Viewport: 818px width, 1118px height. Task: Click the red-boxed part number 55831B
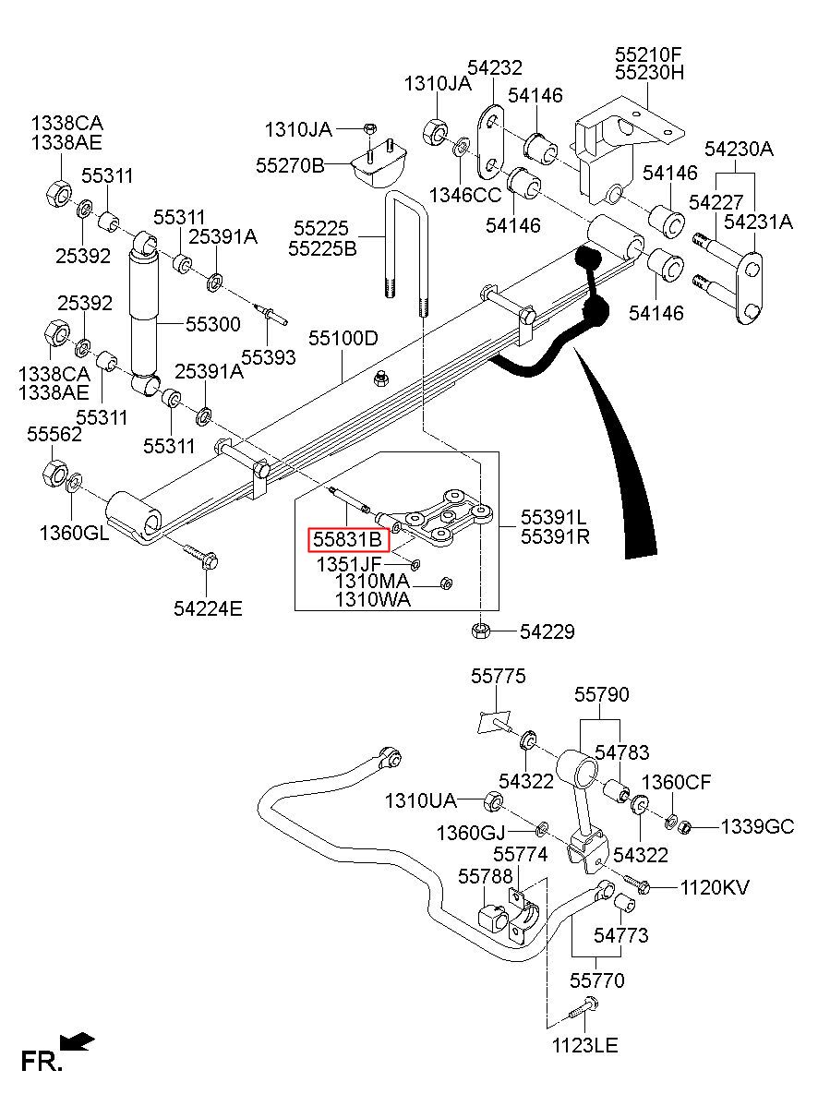coord(347,539)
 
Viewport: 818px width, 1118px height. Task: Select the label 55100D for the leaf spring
coord(343,339)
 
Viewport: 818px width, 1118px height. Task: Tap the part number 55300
coord(213,324)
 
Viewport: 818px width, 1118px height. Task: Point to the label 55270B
coord(290,165)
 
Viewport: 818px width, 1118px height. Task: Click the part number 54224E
coord(208,608)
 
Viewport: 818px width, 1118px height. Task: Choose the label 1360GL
coord(74,534)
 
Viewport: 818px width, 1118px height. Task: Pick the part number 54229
coord(547,631)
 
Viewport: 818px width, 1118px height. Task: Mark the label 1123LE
coord(585,1045)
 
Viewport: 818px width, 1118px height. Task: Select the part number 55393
coord(269,357)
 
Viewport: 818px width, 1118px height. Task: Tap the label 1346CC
coord(465,195)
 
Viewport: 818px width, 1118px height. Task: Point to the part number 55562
coord(54,434)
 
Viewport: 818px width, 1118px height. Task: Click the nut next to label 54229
coord(480,631)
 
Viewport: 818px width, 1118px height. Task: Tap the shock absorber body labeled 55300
coord(143,314)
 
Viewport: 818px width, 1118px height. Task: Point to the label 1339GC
coord(757,827)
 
